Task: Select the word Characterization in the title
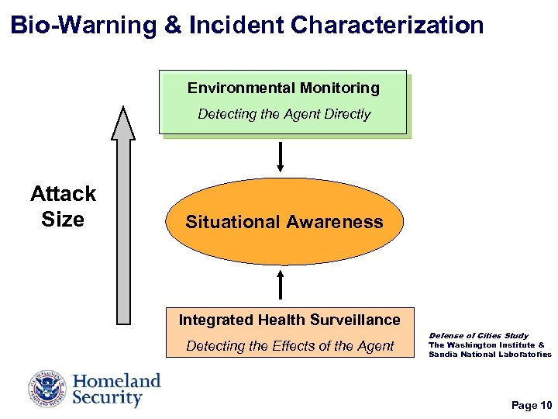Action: [x=387, y=24]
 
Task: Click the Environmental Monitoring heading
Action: [x=284, y=88]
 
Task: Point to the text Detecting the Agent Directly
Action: [x=284, y=114]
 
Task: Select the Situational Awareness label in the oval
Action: [x=284, y=222]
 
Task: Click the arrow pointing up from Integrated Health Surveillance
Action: [x=281, y=282]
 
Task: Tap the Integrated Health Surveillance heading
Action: [x=289, y=320]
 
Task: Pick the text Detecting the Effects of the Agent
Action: [x=290, y=346]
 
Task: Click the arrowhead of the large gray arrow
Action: [x=123, y=123]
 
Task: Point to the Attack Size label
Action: [x=63, y=206]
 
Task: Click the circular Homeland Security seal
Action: [x=48, y=390]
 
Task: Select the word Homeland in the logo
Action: [x=117, y=381]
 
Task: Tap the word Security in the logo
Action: [x=108, y=399]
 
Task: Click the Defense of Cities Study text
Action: [x=478, y=336]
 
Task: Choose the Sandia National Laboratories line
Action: [x=490, y=355]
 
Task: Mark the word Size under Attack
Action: [x=63, y=220]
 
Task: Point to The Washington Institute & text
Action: [x=487, y=345]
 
